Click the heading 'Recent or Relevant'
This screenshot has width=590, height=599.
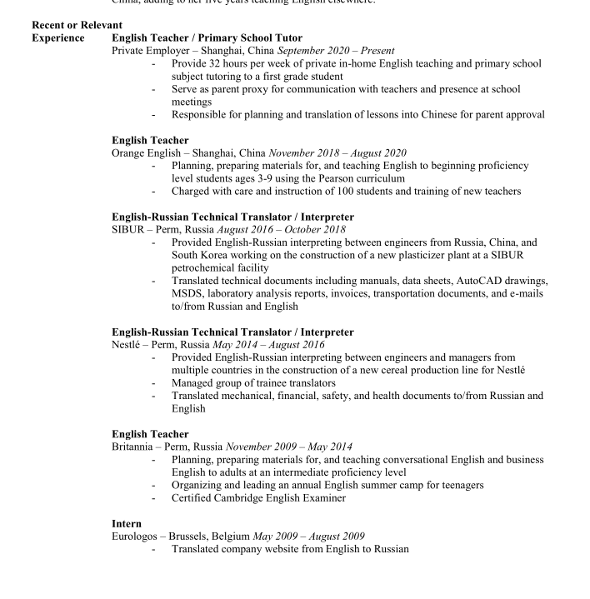(x=77, y=25)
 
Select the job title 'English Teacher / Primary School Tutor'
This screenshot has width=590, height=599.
(x=207, y=38)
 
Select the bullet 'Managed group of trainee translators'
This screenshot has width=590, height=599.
(x=253, y=383)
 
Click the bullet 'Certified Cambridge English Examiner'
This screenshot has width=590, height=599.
(x=258, y=498)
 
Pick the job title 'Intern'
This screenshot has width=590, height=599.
(x=127, y=523)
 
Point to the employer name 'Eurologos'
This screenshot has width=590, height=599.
(x=137, y=536)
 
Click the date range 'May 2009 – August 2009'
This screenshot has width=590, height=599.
(x=308, y=536)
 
